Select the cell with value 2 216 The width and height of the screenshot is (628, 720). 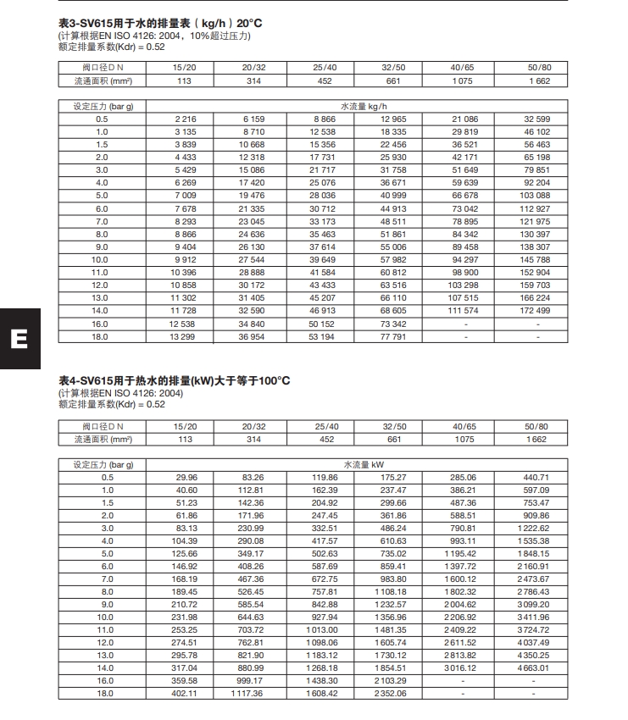pyautogui.click(x=184, y=119)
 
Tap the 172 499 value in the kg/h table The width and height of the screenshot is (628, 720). pyautogui.click(x=536, y=311)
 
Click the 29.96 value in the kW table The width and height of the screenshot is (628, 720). pyautogui.click(x=184, y=478)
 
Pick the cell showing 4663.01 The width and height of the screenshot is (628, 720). pyautogui.click(x=536, y=669)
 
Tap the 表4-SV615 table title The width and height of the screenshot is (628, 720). pyautogui.click(x=174, y=380)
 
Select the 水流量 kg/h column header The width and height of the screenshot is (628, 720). pyautogui.click(x=364, y=107)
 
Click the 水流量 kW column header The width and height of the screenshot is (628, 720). pyautogui.click(x=364, y=465)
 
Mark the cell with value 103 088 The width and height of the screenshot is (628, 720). pyautogui.click(x=536, y=196)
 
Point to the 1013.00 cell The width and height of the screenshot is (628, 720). pyautogui.click(x=324, y=630)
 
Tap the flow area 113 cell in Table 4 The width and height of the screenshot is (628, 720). pyautogui.click(x=184, y=439)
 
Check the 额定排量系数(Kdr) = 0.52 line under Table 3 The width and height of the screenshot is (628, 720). pyautogui.click(x=111, y=47)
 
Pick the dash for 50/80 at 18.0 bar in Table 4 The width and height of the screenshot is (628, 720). pyautogui.click(x=536, y=694)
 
